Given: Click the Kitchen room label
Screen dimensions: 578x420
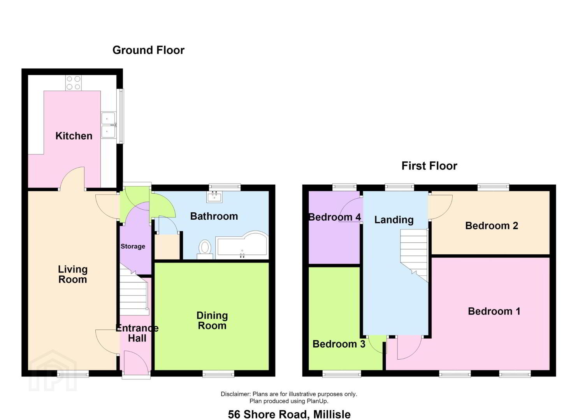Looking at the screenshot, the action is (x=74, y=136).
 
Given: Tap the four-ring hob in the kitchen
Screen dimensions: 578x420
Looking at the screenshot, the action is (x=73, y=83).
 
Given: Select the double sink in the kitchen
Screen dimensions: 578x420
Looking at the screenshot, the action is (x=109, y=125).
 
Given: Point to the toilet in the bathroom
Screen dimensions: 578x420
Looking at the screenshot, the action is (x=205, y=249).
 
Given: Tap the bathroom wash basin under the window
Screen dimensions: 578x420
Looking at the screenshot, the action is (x=214, y=197).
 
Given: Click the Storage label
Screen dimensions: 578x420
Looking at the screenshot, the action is (x=133, y=246).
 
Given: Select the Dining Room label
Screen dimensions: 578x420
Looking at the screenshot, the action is (x=212, y=320).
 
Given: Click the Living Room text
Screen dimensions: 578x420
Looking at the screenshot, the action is (x=73, y=274).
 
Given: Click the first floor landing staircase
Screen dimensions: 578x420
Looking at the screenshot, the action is (x=414, y=255).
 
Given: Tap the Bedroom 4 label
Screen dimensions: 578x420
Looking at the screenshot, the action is (x=335, y=217).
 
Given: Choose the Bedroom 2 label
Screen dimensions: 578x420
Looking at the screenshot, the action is (x=492, y=226).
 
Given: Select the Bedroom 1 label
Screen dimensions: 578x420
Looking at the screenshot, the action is (x=494, y=311).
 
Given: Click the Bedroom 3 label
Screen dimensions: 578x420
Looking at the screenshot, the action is (x=339, y=344).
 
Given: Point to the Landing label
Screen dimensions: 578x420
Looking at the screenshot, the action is (x=394, y=220).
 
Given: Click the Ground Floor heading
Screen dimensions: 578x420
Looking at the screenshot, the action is (x=148, y=50).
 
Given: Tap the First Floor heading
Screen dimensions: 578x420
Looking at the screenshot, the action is (x=429, y=166).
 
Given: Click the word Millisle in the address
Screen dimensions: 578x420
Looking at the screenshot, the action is (x=332, y=415).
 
